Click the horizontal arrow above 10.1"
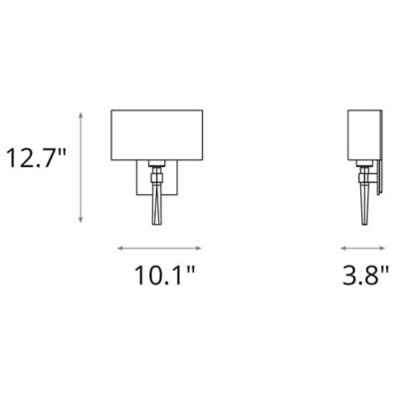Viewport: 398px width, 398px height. tap(155, 247)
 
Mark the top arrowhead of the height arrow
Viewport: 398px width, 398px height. tap(84, 115)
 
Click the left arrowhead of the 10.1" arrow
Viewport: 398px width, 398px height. tap(120, 247)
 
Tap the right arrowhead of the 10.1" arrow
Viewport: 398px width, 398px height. tap(191, 247)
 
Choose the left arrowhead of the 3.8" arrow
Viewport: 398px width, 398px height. tap(342, 247)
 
